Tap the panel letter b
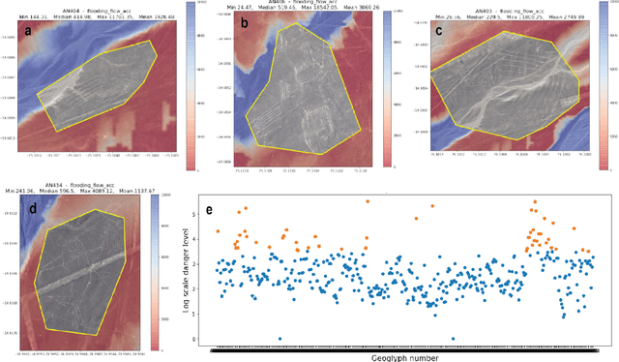pyautogui.click(x=245, y=21)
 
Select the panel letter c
pyautogui.click(x=439, y=29)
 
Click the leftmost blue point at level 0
pyautogui.click(x=280, y=339)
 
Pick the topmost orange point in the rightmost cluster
pyautogui.click(x=534, y=202)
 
